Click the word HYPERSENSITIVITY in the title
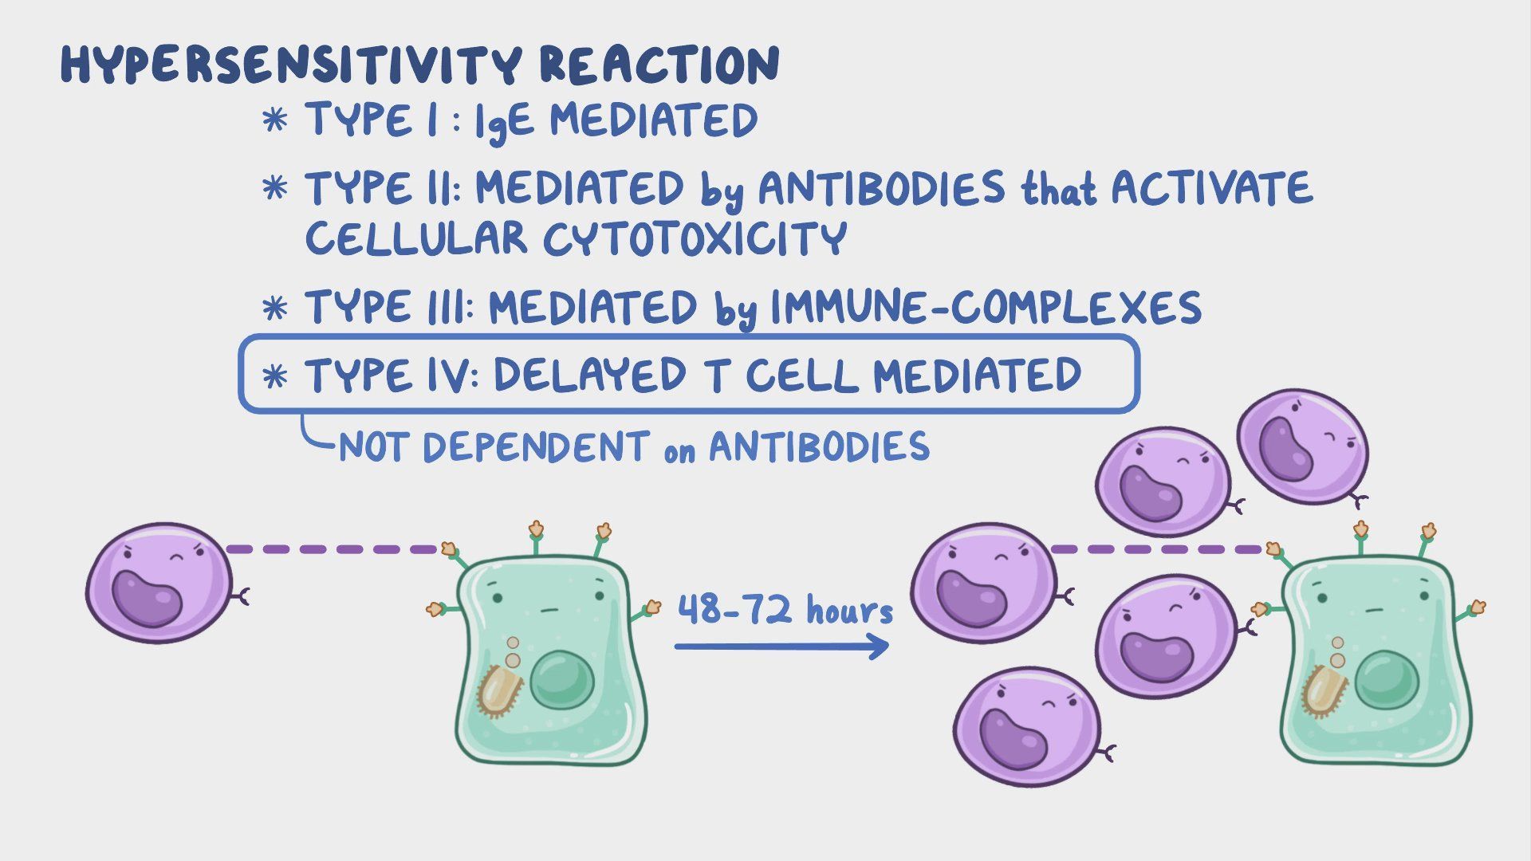pos(291,65)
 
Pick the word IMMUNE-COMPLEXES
pos(986,308)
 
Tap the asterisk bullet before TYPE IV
pos(275,375)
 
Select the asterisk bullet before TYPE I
pos(275,121)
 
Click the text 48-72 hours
pos(785,610)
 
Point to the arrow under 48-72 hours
pos(781,646)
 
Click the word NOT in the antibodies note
pos(374,446)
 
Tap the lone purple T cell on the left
pos(159,583)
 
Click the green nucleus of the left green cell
pos(562,678)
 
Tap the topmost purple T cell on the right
pos(1302,446)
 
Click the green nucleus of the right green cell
pos(1387,678)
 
